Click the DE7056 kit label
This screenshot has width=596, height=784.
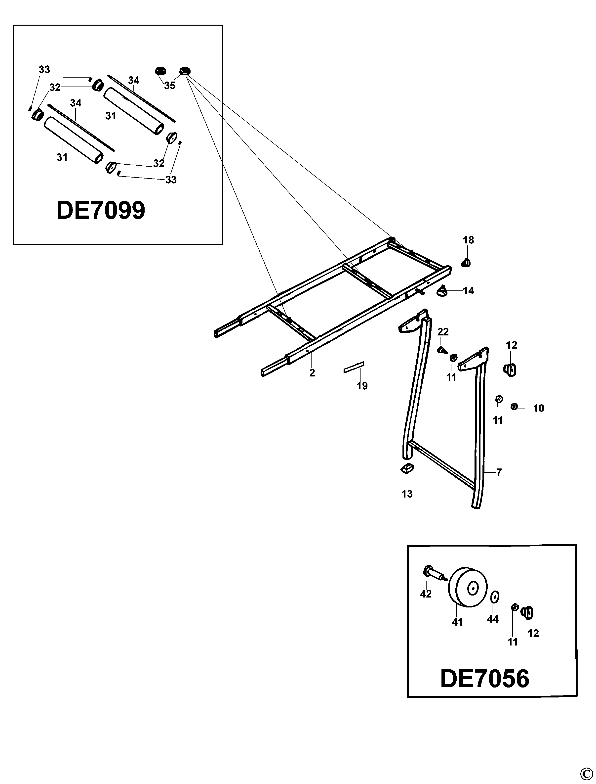[485, 679]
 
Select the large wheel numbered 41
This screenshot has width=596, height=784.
[468, 589]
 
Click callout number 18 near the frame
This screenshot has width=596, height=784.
[468, 240]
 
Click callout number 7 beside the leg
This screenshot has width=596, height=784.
[499, 472]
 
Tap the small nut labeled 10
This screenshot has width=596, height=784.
[515, 407]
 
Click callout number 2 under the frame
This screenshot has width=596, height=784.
[312, 373]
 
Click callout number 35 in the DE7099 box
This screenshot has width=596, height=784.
[170, 86]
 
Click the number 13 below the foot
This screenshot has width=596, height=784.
[407, 494]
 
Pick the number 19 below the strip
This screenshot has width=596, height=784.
[362, 386]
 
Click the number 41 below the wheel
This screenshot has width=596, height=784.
[457, 622]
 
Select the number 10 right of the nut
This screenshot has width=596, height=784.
[539, 408]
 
